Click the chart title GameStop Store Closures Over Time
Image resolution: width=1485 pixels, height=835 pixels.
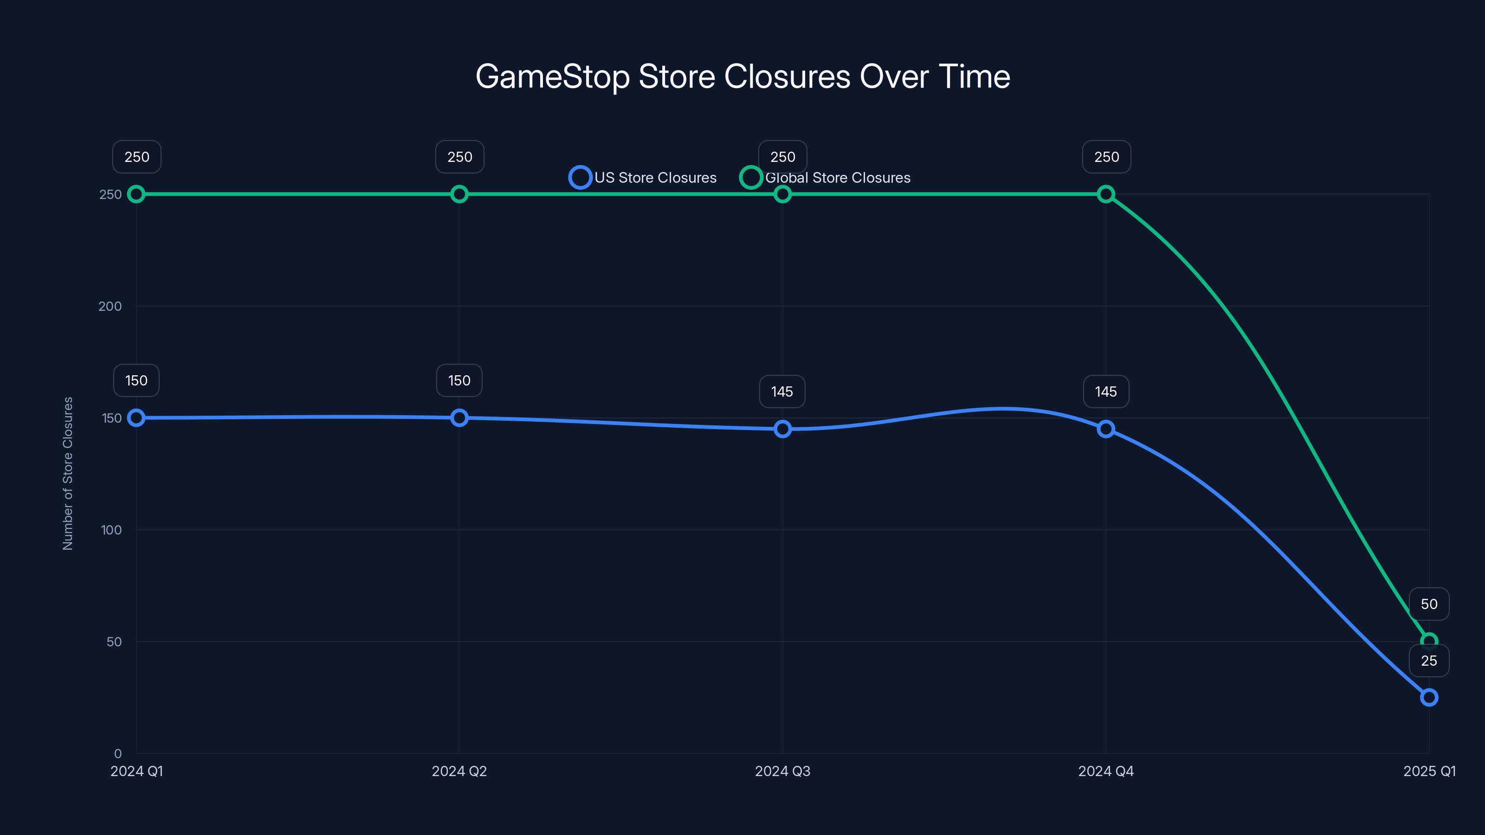coord(742,77)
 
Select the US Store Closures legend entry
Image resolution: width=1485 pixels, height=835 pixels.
coord(643,178)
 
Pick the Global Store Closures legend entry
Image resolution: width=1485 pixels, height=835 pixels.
coord(826,178)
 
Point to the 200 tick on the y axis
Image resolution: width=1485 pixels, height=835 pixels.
coord(110,306)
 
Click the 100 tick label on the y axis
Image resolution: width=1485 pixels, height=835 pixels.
coord(111,530)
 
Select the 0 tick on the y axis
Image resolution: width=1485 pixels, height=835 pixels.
coord(117,753)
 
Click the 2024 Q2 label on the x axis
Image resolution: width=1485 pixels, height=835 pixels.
coord(459,771)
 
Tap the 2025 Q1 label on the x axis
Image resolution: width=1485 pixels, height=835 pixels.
coord(1429,771)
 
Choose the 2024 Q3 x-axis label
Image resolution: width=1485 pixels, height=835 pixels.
coord(782,771)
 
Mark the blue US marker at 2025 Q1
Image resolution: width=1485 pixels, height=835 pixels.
coord(1429,697)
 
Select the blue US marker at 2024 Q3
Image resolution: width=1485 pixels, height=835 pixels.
coord(782,429)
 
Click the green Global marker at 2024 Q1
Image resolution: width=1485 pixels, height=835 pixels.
coord(136,194)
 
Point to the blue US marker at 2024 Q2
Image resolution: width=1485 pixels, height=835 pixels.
coord(459,418)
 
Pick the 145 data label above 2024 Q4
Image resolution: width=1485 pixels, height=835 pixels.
coord(1106,392)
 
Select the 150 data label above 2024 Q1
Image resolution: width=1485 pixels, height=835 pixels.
coord(136,380)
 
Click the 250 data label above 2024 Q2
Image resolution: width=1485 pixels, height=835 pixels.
coord(459,157)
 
